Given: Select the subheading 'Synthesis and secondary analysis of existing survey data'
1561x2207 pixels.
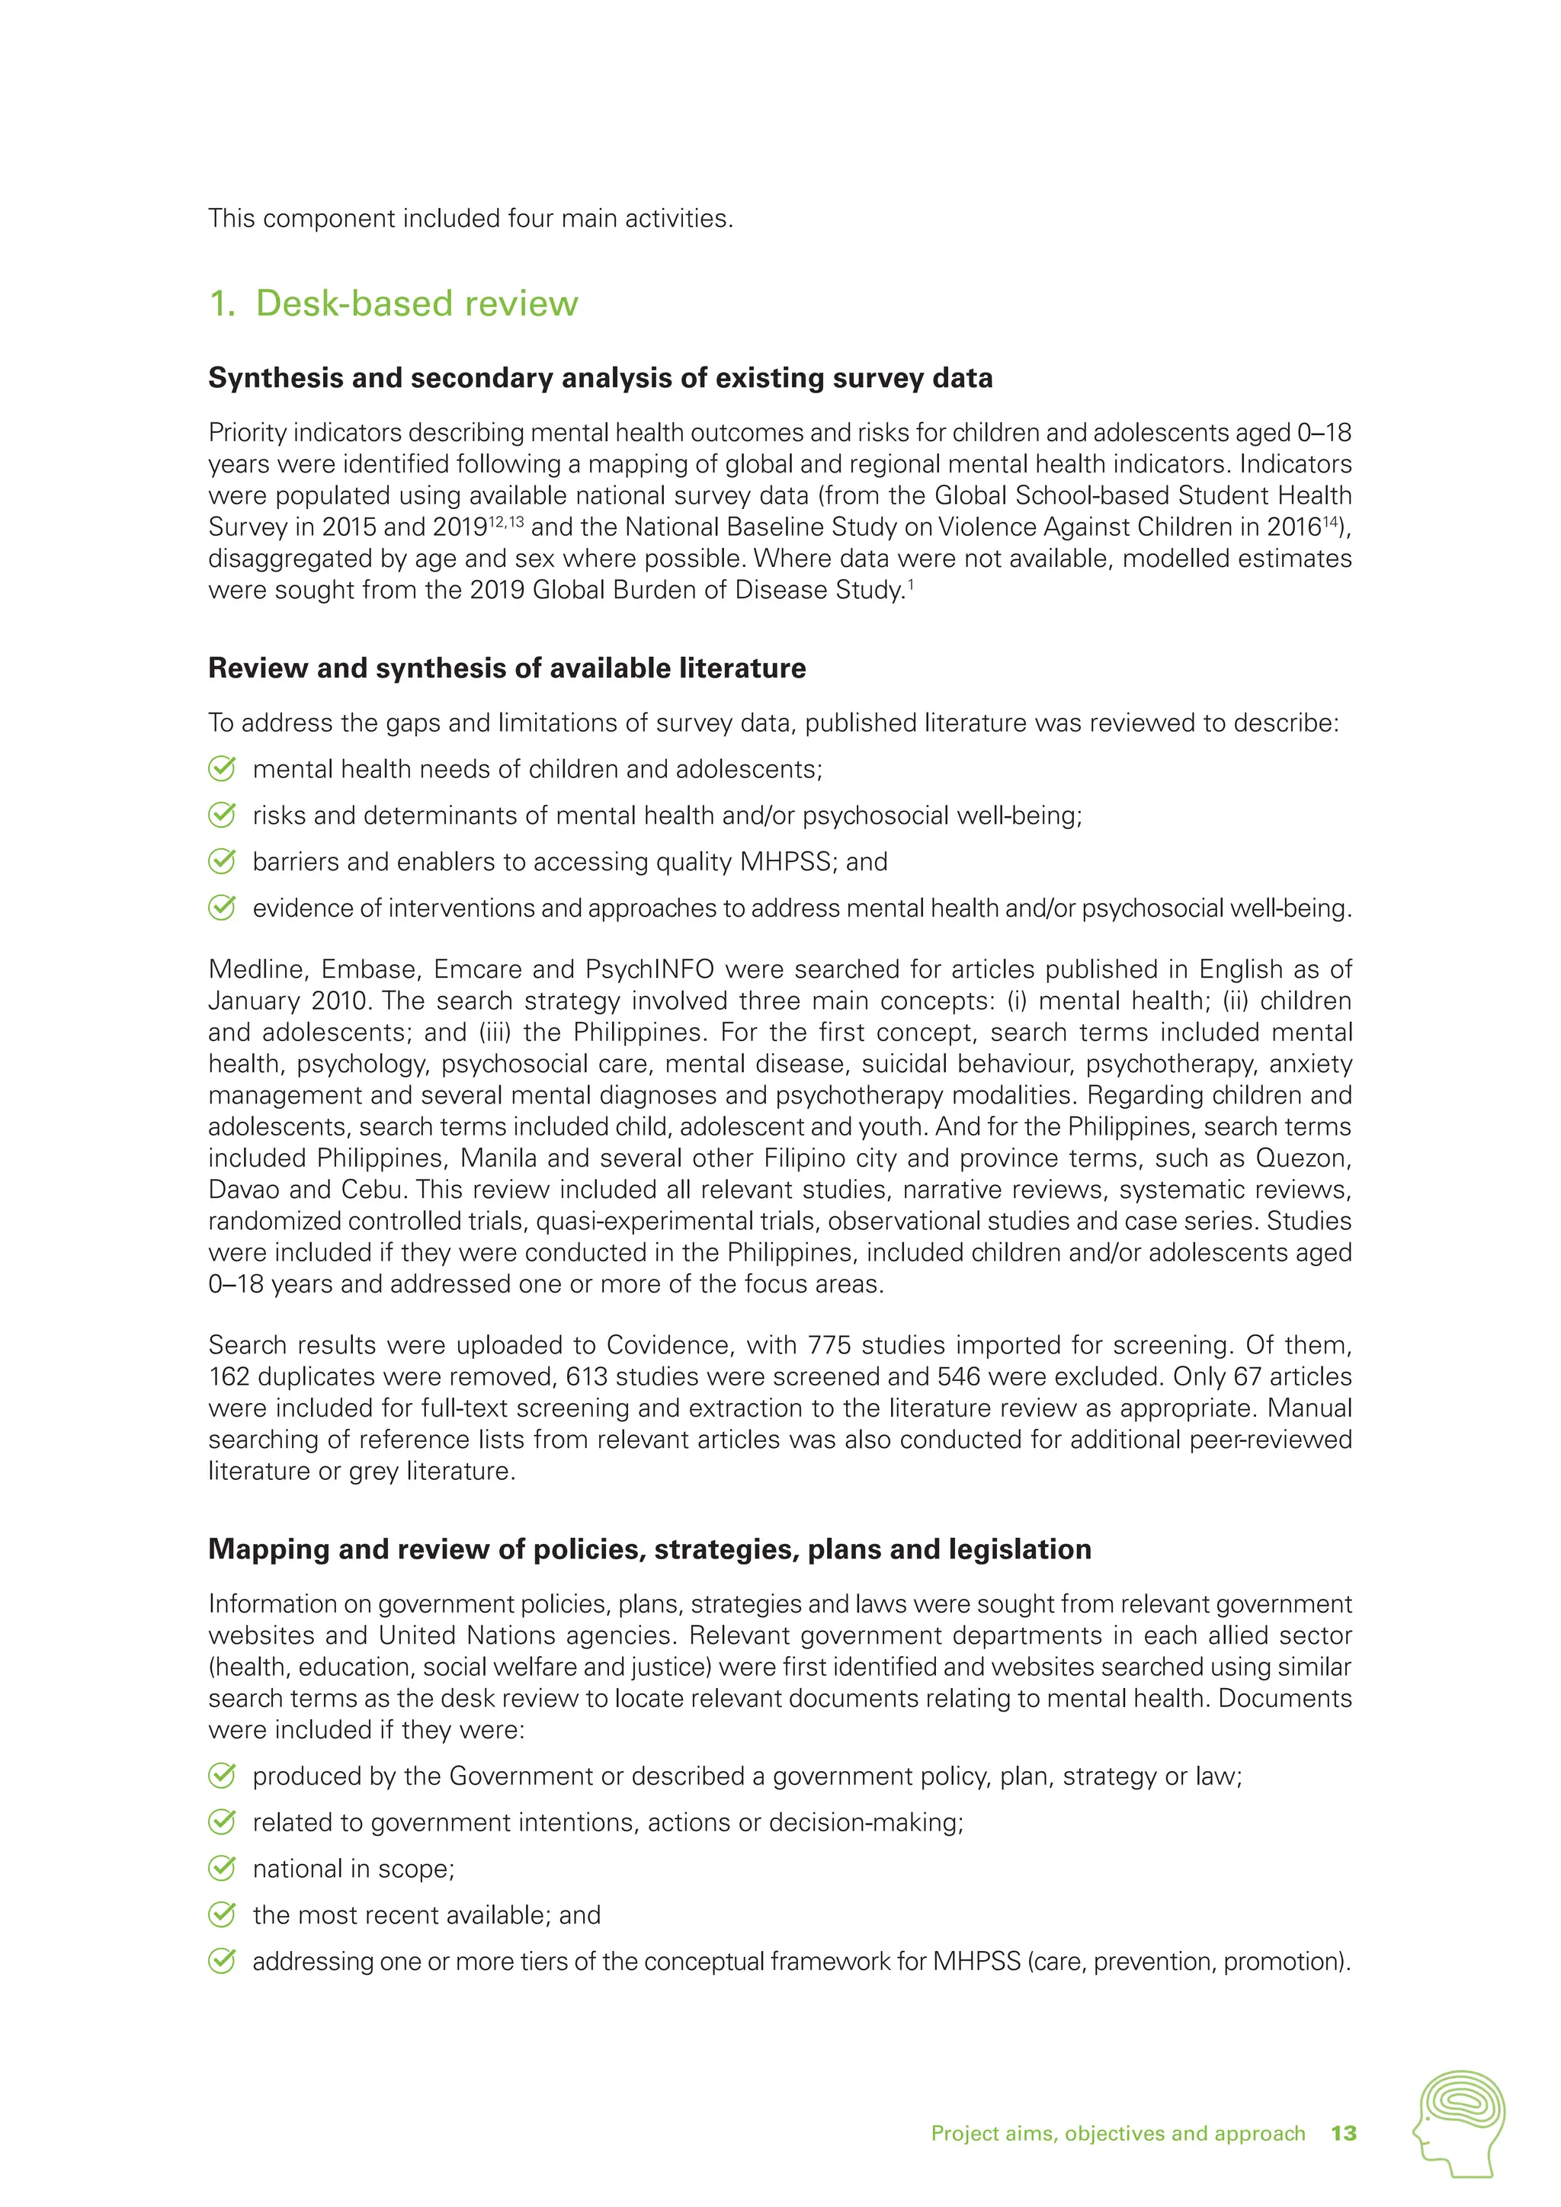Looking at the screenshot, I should pyautogui.click(x=600, y=378).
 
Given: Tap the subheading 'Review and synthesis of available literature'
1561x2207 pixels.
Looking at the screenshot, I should pyautogui.click(x=507, y=668).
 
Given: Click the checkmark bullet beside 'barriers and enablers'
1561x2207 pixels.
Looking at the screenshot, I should pyautogui.click(x=222, y=861).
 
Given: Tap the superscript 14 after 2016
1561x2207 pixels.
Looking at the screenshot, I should pyautogui.click(x=1332, y=521).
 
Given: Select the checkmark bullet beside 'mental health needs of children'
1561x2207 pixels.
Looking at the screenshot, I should pyautogui.click(x=222, y=769).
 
